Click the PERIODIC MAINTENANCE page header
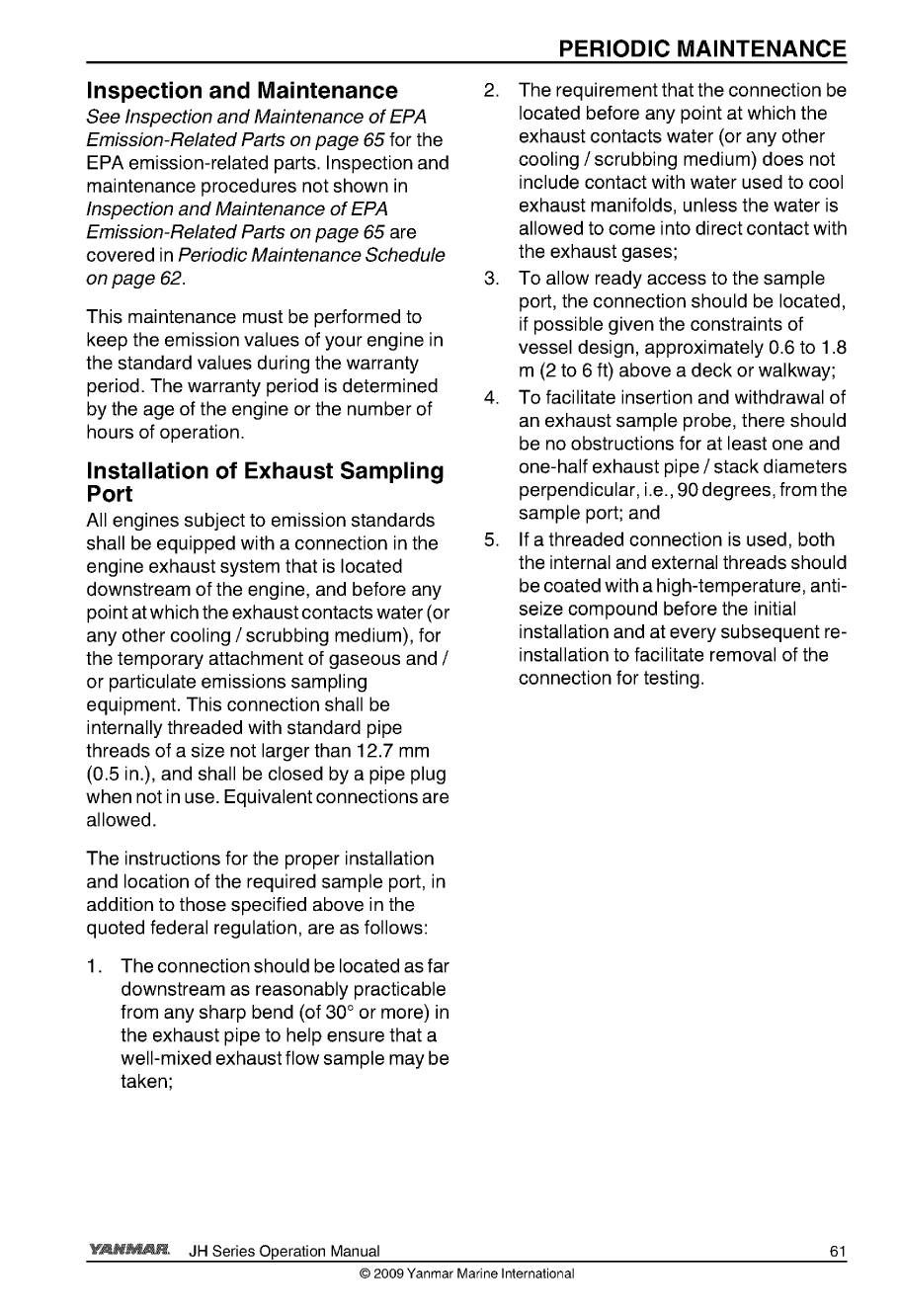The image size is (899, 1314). [701, 49]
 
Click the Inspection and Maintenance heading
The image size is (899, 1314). [242, 92]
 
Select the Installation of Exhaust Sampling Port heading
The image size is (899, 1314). [265, 482]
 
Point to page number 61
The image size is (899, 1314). [838, 1253]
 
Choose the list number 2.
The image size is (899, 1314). [491, 91]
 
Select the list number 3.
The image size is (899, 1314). [491, 279]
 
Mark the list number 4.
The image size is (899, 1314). [491, 398]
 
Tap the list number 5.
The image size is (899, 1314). [491, 539]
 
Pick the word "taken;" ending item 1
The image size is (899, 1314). [148, 1082]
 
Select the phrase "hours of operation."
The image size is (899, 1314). [164, 432]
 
